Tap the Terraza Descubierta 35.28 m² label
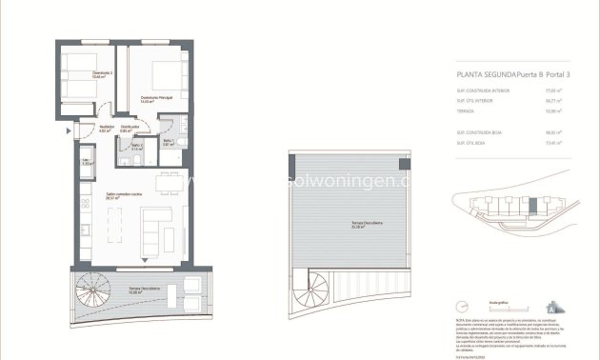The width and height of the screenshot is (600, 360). (x=342, y=225)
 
